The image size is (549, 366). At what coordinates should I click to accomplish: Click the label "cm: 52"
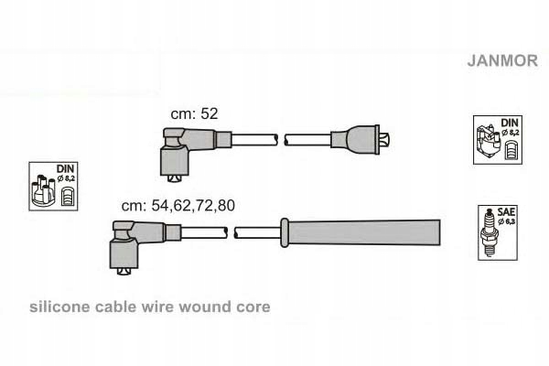coord(194,113)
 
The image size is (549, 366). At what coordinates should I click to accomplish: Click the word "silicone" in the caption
coord(59,307)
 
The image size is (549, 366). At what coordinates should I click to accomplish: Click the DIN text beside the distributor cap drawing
coord(65,169)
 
